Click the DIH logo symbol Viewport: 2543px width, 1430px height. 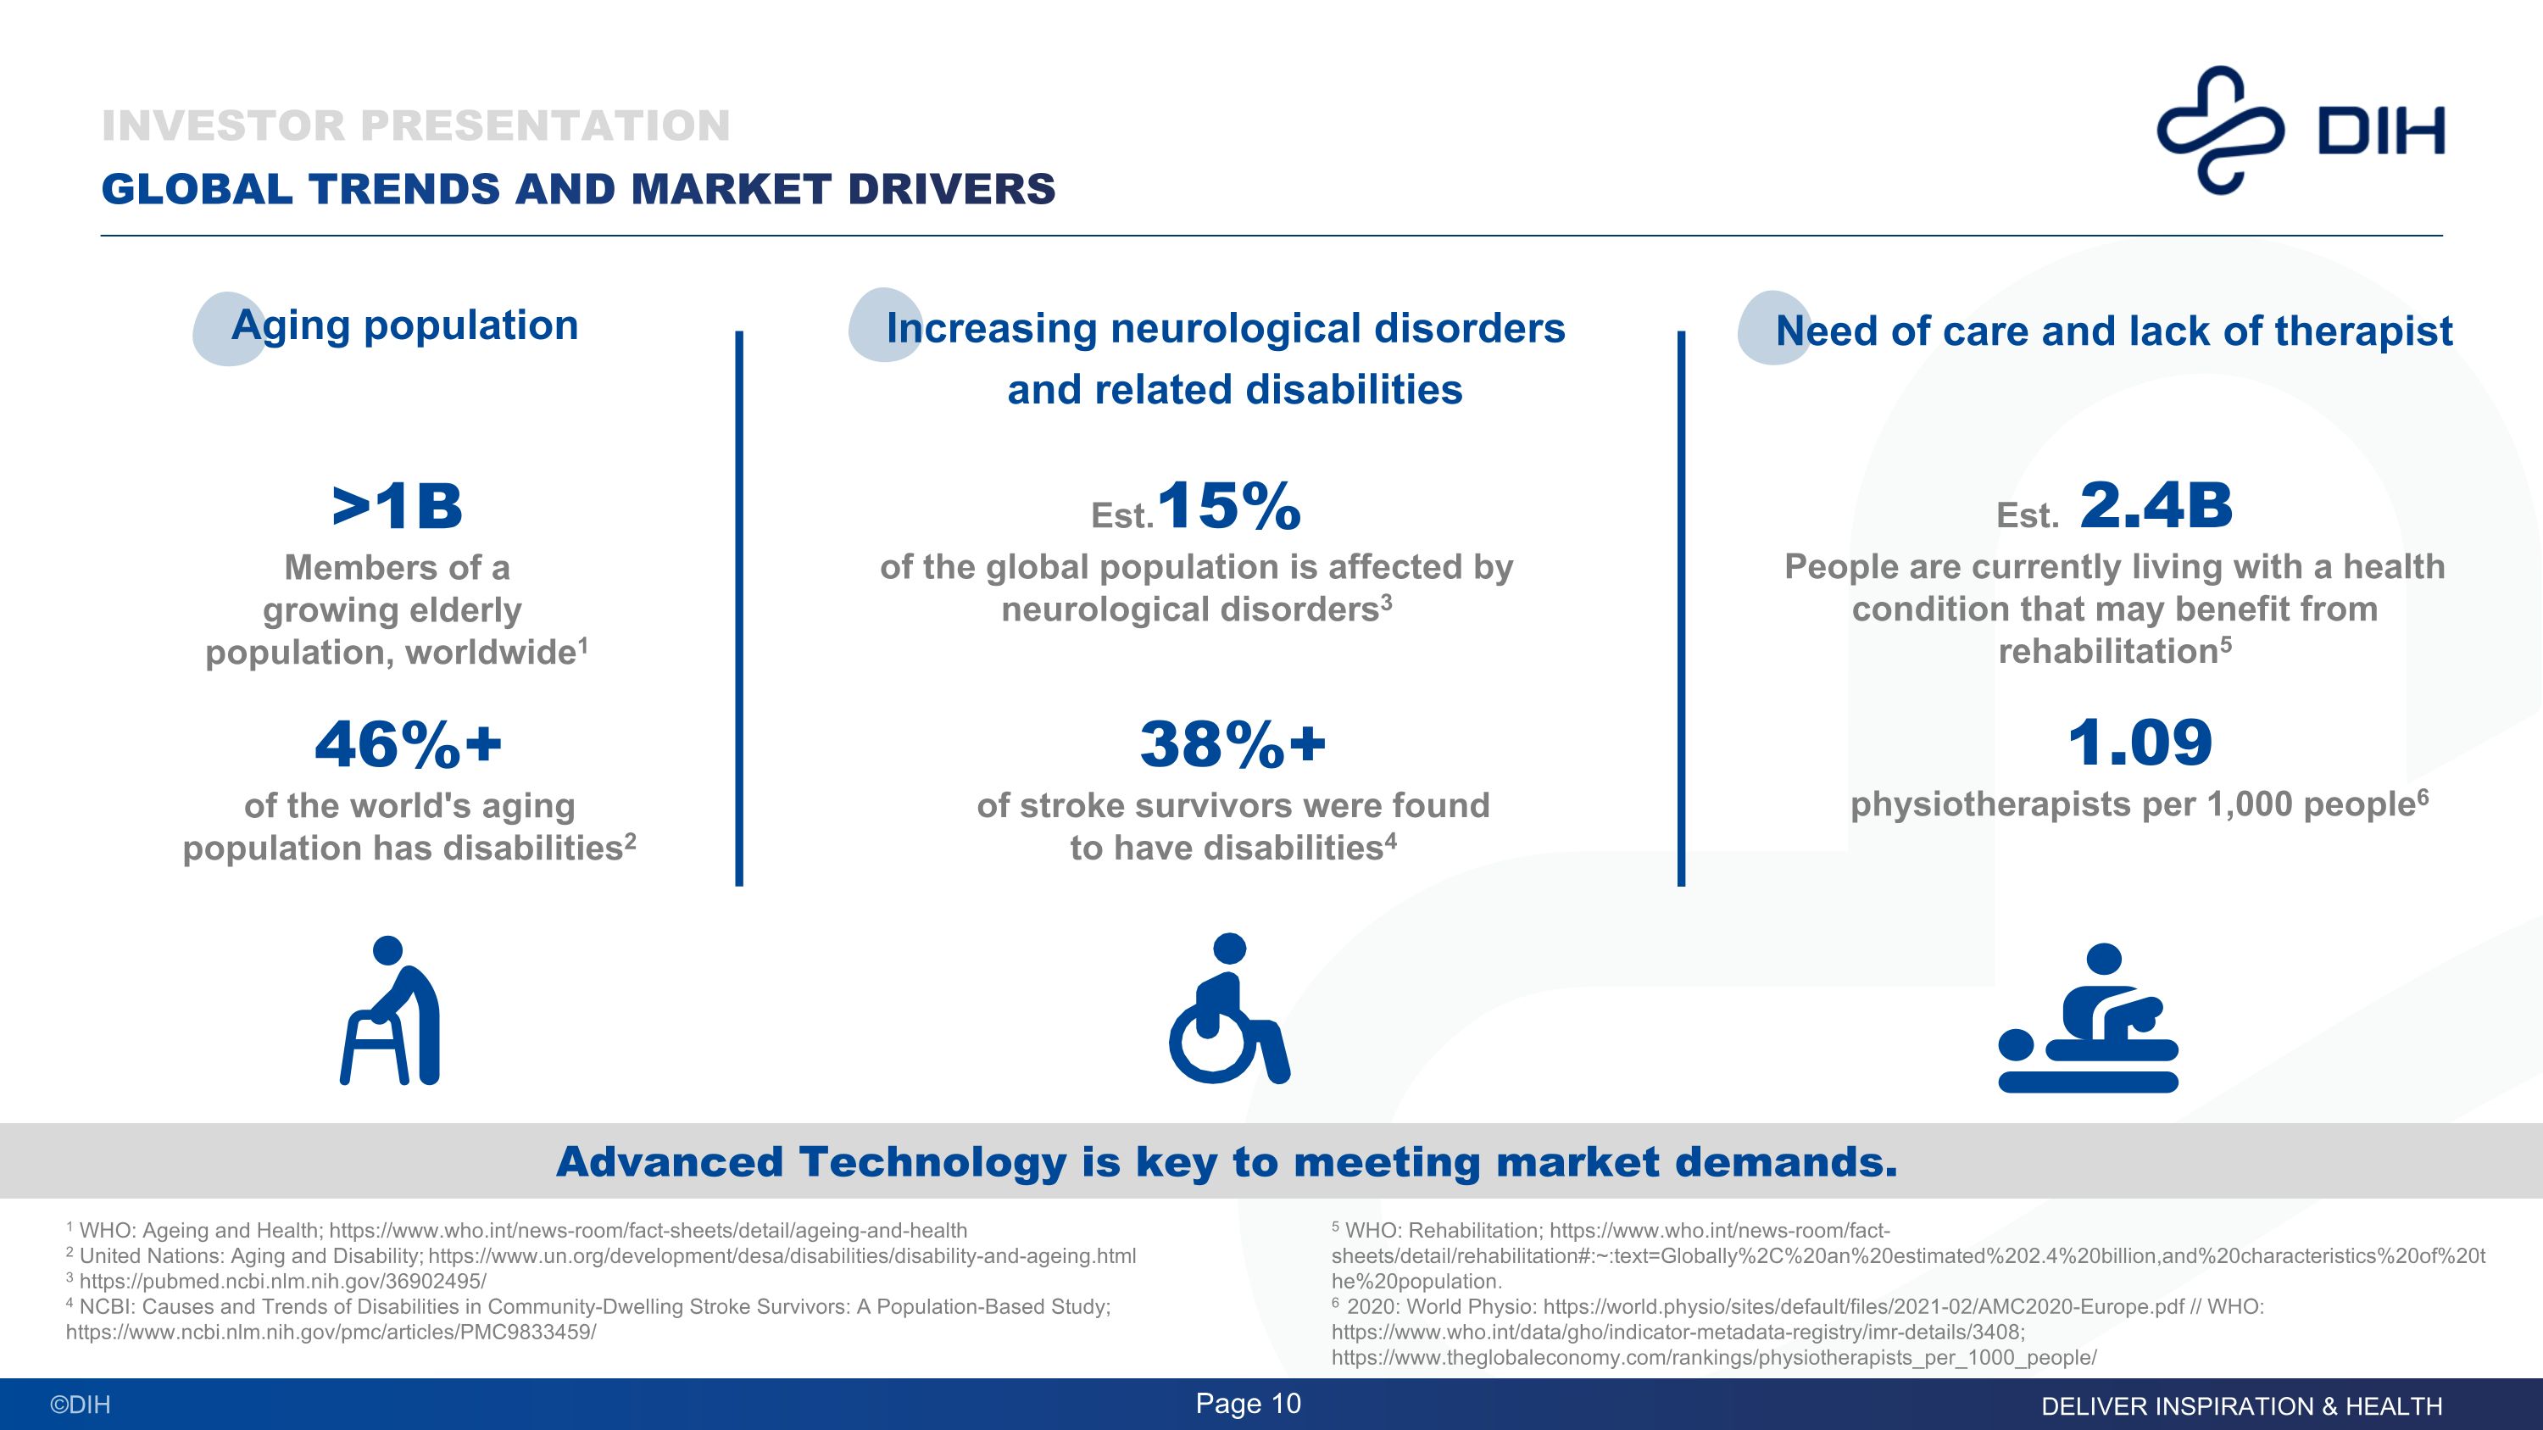(2220, 131)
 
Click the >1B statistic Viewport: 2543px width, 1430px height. (397, 506)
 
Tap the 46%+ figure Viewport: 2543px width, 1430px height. (408, 744)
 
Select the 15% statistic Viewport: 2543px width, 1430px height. (1228, 506)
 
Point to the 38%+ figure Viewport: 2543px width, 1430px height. (1232, 744)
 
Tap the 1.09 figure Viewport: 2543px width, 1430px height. (2140, 743)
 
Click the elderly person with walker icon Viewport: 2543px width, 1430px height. (391, 1010)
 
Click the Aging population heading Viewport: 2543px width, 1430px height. (404, 326)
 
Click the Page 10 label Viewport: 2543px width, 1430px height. (1248, 1404)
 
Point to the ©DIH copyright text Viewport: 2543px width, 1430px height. (81, 1405)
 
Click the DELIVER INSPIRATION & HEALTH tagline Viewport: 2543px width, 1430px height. (2241, 1406)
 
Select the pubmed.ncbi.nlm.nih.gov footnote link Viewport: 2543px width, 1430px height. (282, 1281)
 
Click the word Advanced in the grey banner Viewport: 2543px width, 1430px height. (671, 1161)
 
